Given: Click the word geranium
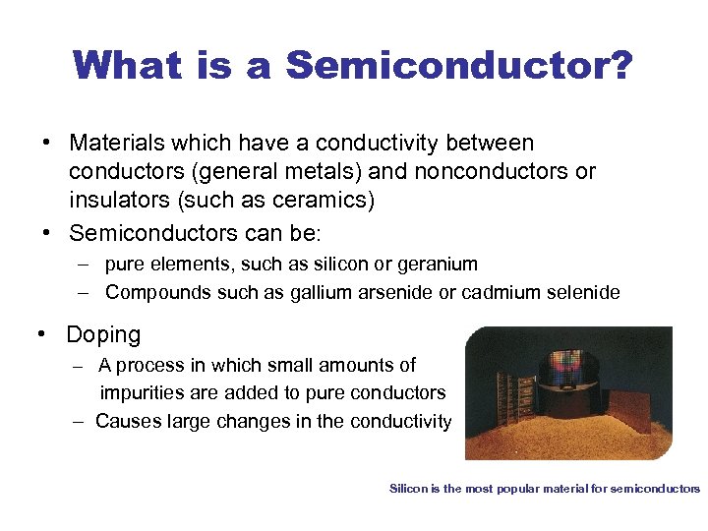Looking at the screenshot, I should (x=429, y=264).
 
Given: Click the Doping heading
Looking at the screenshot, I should (x=103, y=335).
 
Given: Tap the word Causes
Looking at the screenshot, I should (x=126, y=422).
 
